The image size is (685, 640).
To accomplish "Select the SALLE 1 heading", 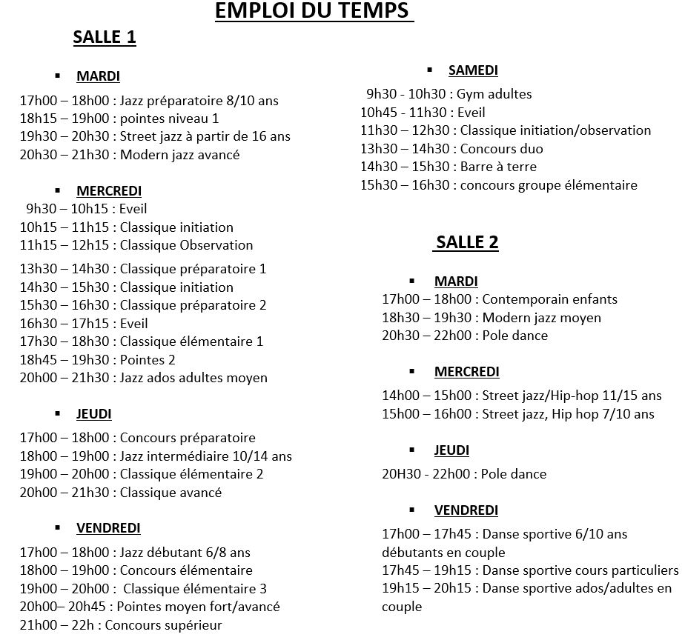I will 105,38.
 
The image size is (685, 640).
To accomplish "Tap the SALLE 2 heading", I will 466,242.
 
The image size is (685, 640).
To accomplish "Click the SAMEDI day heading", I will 473,70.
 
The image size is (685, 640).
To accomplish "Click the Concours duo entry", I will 451,148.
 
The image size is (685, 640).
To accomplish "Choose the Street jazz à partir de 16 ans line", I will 155,136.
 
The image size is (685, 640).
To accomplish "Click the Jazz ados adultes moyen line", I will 143,378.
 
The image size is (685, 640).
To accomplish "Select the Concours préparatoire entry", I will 137,438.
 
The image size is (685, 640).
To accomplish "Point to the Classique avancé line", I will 120,493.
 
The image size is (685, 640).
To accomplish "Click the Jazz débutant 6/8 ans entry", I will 135,552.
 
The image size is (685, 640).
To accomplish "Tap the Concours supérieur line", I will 121,625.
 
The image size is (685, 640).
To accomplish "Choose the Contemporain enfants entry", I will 500,299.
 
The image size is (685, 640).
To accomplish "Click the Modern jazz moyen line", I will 492,318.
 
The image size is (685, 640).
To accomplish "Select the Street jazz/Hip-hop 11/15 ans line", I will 522,396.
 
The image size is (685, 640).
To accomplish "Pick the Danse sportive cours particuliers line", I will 530,570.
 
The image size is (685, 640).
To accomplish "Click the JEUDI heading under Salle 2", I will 451,450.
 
